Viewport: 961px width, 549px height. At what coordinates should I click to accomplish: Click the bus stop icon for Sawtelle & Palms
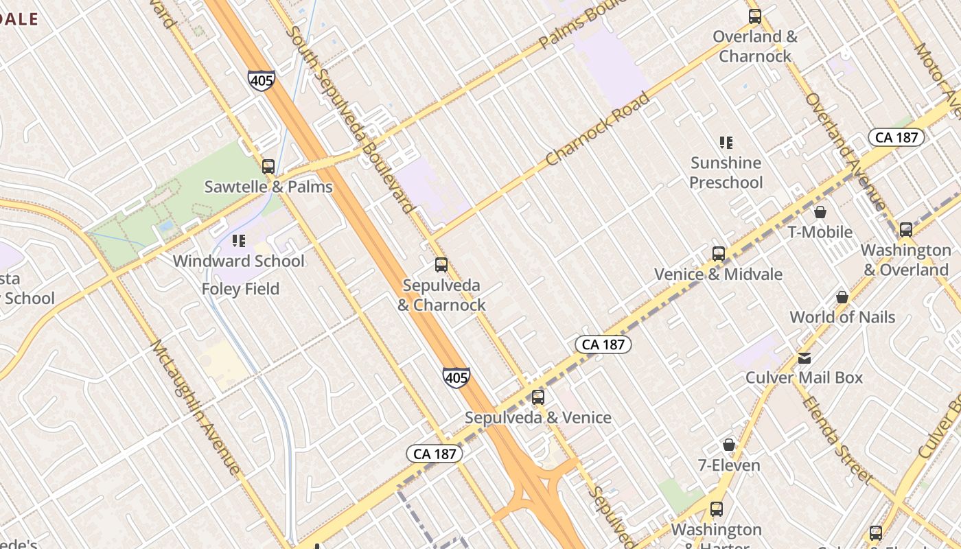[268, 166]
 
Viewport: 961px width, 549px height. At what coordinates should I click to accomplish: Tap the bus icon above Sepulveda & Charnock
[441, 265]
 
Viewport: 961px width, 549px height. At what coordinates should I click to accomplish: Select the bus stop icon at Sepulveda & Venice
[538, 397]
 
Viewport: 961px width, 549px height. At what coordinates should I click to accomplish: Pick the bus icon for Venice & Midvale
[719, 254]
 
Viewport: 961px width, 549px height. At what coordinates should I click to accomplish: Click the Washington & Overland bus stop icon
[906, 230]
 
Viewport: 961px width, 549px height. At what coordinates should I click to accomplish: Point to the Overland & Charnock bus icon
[755, 16]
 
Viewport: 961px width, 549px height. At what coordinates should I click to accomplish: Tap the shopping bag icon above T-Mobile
[820, 212]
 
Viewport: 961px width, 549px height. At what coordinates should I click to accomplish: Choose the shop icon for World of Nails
[842, 297]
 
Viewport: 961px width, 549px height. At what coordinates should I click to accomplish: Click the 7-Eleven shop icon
[729, 445]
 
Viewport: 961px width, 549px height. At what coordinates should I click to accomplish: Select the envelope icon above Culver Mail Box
[804, 358]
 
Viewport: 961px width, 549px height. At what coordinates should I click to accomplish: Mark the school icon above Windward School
[239, 241]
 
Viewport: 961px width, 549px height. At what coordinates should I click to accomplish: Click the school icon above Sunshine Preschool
[726, 143]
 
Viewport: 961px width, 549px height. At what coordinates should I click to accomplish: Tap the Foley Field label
[240, 289]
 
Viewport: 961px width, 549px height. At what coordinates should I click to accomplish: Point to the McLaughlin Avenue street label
[195, 406]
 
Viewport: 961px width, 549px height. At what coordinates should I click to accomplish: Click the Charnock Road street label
[598, 130]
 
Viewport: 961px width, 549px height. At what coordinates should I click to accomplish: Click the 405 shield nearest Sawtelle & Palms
[262, 80]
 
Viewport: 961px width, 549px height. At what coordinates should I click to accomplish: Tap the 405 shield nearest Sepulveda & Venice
[456, 377]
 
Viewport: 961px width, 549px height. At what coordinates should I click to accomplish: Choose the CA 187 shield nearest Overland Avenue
[897, 137]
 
